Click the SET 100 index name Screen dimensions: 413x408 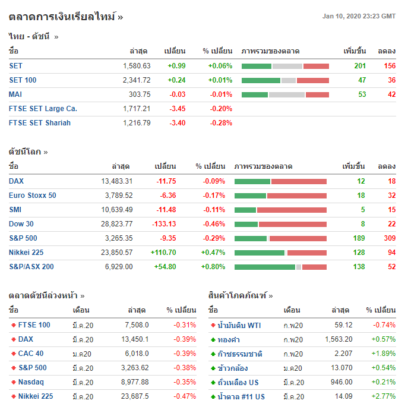[x=23, y=80]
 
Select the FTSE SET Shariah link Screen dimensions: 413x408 [x=40, y=123]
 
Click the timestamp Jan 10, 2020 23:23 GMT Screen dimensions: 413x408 [x=359, y=17]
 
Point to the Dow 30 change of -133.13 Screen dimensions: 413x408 [x=163, y=224]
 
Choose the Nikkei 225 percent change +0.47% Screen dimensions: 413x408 [x=214, y=253]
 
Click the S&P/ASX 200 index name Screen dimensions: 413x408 [x=31, y=267]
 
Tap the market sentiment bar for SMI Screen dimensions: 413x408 [x=280, y=210]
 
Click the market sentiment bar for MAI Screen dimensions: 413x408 [x=285, y=94]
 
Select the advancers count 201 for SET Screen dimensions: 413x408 [x=360, y=66]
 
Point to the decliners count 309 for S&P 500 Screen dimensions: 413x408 [x=389, y=238]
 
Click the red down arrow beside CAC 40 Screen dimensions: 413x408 [x=14, y=354]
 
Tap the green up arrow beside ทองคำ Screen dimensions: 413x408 [x=213, y=339]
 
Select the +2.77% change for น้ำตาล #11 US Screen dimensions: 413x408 [x=383, y=396]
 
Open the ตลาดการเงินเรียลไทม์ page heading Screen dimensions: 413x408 [x=66, y=17]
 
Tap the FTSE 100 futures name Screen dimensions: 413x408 [x=34, y=325]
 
